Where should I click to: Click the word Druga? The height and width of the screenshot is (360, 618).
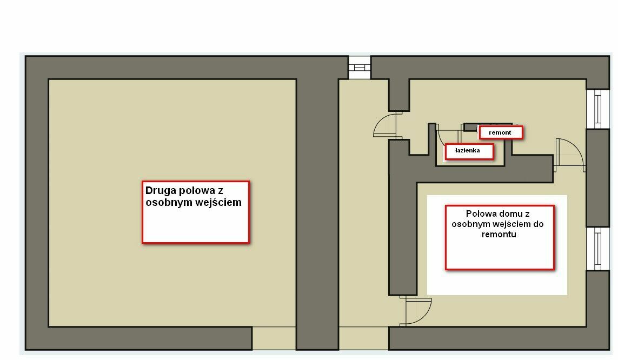[x=161, y=191]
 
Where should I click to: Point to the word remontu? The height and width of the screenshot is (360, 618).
[x=499, y=235]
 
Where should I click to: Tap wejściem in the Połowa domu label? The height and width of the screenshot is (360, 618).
[x=513, y=224]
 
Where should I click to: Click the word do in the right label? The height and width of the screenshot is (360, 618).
[x=539, y=224]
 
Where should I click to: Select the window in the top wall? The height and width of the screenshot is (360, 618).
[x=360, y=68]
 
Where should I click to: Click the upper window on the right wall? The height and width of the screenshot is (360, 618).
[x=597, y=109]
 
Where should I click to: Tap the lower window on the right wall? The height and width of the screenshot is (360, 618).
[x=597, y=249]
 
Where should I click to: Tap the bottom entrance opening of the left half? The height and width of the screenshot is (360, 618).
[x=274, y=338]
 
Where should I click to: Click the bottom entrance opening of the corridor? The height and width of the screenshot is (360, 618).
[x=364, y=338]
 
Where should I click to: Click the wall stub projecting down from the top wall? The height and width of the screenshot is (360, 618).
[x=399, y=95]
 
